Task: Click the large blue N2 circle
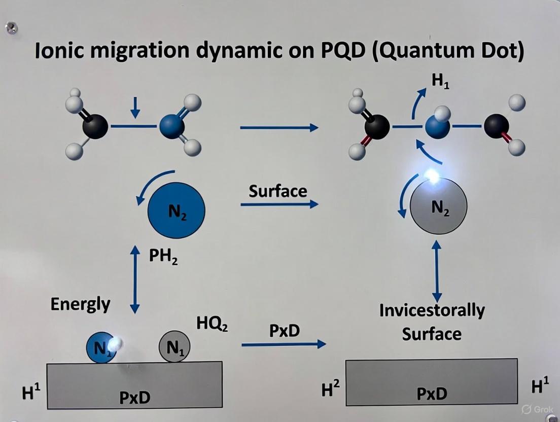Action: pyautogui.click(x=176, y=209)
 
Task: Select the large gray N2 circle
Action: pyautogui.click(x=438, y=205)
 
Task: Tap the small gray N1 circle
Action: pyautogui.click(x=175, y=347)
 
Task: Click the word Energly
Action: pyautogui.click(x=80, y=304)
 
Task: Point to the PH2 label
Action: pyautogui.click(x=163, y=257)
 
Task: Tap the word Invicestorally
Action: pyautogui.click(x=432, y=310)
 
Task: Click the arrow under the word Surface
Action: pyautogui.click(x=279, y=204)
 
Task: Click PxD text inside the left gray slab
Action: pyautogui.click(x=134, y=397)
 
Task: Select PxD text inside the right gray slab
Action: pyautogui.click(x=432, y=393)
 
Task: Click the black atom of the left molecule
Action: pyautogui.click(x=95, y=126)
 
